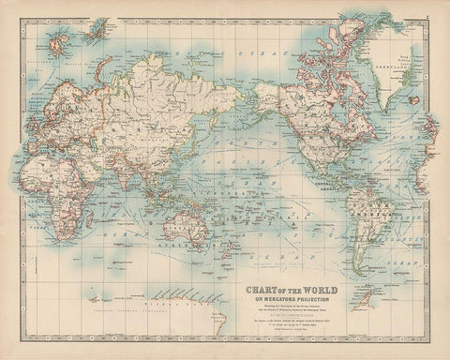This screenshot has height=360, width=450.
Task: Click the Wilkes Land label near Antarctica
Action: [178, 310]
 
